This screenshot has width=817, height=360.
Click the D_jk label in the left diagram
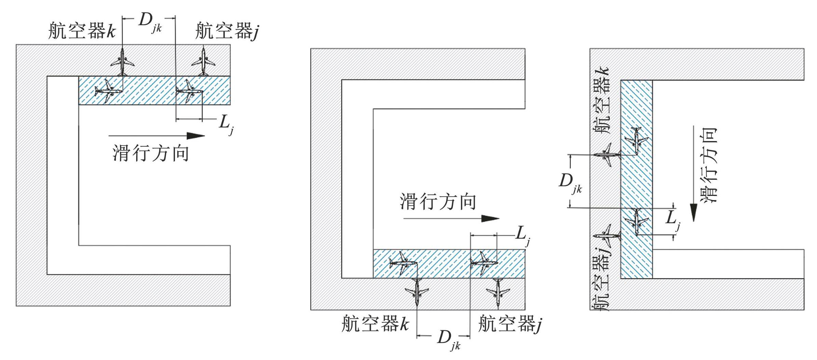pos(150,23)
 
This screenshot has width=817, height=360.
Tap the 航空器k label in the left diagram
pos(82,31)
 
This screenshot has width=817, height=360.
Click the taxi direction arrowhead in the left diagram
pos(196,135)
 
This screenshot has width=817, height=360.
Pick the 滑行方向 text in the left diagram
pos(151,153)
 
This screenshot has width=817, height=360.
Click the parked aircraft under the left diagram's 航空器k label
pos(122,62)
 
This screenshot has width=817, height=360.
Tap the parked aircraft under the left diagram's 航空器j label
pos(203,62)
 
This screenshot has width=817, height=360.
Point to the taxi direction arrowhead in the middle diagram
pos(490,218)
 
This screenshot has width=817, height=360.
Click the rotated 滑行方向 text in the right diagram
pos(709,165)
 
